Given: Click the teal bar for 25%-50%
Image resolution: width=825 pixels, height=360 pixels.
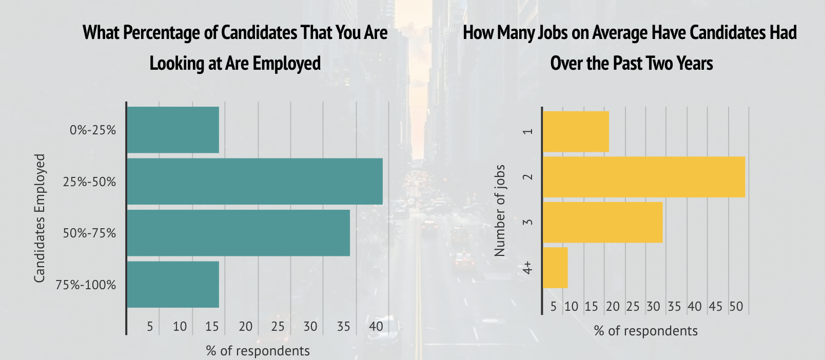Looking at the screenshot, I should [254, 182].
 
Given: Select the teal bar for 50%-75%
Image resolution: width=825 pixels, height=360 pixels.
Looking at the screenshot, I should [238, 233].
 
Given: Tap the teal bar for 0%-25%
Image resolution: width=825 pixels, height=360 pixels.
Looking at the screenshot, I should [173, 130].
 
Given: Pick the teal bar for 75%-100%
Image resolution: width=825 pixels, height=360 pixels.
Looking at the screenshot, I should [173, 285].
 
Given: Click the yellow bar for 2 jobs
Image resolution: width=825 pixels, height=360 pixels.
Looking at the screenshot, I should [643, 177].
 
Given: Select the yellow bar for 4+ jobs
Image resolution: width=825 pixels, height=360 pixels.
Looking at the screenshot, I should [555, 268].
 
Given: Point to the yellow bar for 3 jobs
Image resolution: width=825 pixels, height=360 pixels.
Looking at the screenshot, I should [602, 222].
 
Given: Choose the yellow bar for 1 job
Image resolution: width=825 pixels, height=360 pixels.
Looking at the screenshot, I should [576, 132].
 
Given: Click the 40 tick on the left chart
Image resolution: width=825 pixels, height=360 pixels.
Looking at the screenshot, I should [376, 326].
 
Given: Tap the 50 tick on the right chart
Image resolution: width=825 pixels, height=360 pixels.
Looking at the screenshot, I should [736, 307].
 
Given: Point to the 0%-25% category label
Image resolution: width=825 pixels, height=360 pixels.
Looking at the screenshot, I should [93, 130].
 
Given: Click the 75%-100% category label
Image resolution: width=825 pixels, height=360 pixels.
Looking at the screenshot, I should [86, 285].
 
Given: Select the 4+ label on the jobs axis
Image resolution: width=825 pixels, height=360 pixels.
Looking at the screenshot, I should [528, 268].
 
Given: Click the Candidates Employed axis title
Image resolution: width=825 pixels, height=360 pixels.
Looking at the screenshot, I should [40, 218].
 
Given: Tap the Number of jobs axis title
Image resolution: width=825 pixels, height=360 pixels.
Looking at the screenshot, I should [500, 210].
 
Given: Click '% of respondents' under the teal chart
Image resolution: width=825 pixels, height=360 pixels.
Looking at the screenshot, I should [258, 351].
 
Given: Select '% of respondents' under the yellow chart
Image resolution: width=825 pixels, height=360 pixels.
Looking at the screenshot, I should [645, 331].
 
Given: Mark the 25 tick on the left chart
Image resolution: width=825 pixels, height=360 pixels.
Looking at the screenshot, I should [278, 326].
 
